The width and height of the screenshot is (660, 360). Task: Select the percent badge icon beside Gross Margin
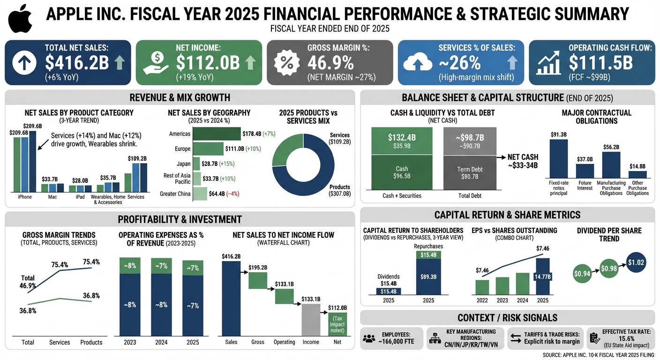click(285, 62)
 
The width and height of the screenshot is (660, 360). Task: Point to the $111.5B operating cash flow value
click(600, 62)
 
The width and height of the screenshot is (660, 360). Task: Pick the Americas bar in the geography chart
click(217, 134)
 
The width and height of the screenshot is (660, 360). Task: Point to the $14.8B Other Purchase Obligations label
click(637, 166)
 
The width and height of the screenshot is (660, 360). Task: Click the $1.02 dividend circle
click(636, 262)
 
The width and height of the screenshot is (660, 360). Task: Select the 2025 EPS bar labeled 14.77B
click(542, 277)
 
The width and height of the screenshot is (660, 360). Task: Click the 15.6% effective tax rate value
click(626, 338)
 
